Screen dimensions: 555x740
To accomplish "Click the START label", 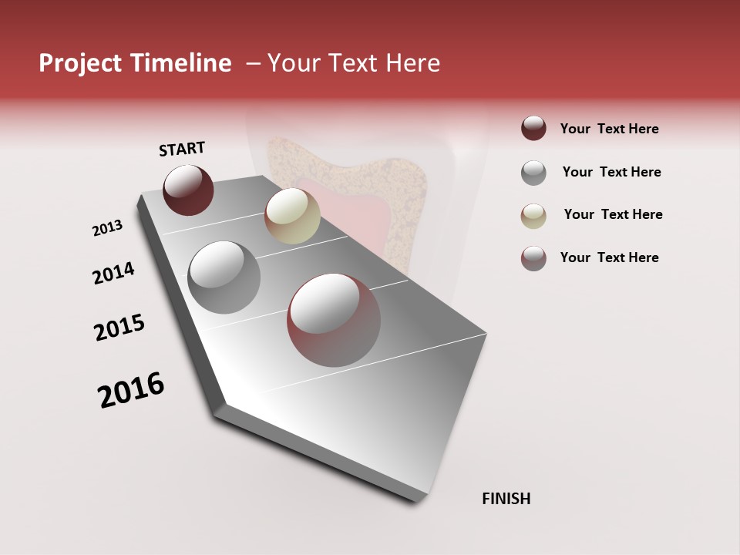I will click(182, 149).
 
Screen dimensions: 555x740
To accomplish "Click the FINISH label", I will click(506, 499).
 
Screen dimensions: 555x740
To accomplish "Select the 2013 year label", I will click(107, 228).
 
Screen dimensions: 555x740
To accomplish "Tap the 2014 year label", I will click(113, 273).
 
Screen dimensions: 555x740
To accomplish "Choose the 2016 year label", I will click(131, 390).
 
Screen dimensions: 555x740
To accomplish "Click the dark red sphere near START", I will click(188, 190).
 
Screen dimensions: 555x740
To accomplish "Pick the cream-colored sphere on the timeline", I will click(292, 216).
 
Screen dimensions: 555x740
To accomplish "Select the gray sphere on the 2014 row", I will click(224, 277).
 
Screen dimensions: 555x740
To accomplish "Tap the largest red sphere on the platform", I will click(334, 320).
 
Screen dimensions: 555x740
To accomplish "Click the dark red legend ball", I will click(533, 129).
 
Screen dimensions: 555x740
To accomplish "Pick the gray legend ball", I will click(533, 172).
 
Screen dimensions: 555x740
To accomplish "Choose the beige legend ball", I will click(533, 215).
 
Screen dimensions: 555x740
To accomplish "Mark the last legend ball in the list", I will click(533, 258).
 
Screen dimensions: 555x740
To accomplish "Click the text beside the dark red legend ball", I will click(609, 129).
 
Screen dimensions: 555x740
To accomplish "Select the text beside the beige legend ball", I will click(613, 214).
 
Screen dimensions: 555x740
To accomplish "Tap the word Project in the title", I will click(79, 63).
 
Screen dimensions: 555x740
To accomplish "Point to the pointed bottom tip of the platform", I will click(417, 499).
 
